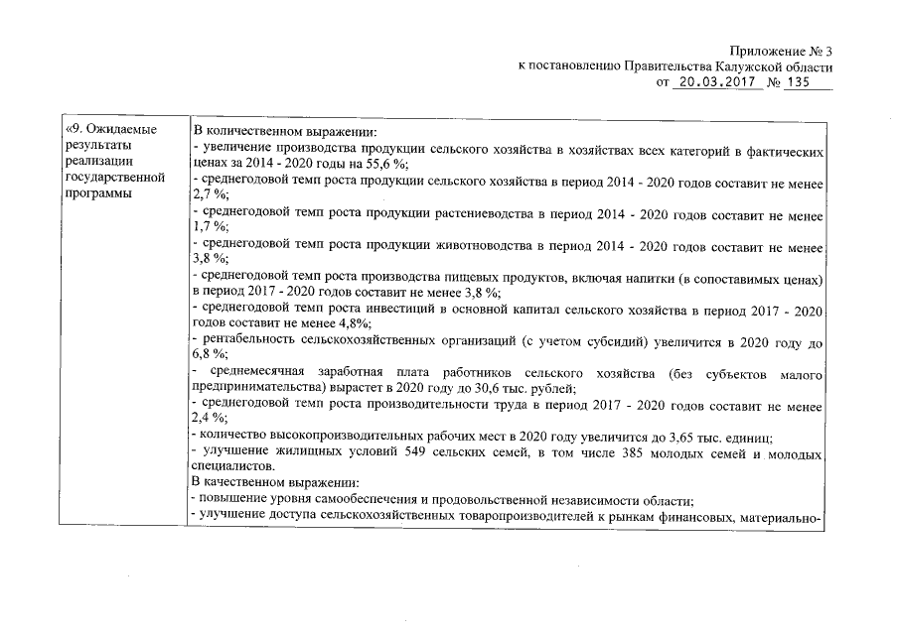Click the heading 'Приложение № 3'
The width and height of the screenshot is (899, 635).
(781, 52)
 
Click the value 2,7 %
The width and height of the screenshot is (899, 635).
(211, 194)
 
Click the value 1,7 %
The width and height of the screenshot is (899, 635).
(211, 226)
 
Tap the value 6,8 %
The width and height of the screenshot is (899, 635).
(211, 354)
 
